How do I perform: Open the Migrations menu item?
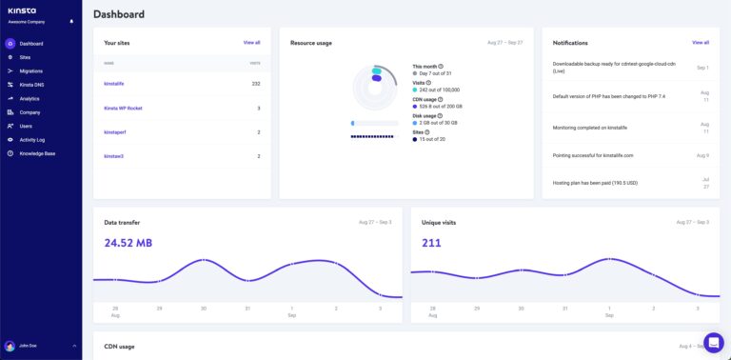(31, 70)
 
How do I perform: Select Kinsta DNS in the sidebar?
(31, 85)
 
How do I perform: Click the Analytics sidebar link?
(30, 98)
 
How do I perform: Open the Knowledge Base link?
(37, 152)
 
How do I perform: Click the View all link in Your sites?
(251, 43)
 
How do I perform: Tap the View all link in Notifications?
(701, 43)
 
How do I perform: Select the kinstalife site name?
(114, 84)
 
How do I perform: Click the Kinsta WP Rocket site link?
(123, 108)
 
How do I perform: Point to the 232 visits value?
(256, 84)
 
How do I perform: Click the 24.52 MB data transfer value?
(128, 243)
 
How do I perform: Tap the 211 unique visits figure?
(432, 243)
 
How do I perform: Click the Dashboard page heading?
(119, 14)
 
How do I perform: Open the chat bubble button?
(713, 342)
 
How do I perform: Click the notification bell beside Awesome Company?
(71, 22)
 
